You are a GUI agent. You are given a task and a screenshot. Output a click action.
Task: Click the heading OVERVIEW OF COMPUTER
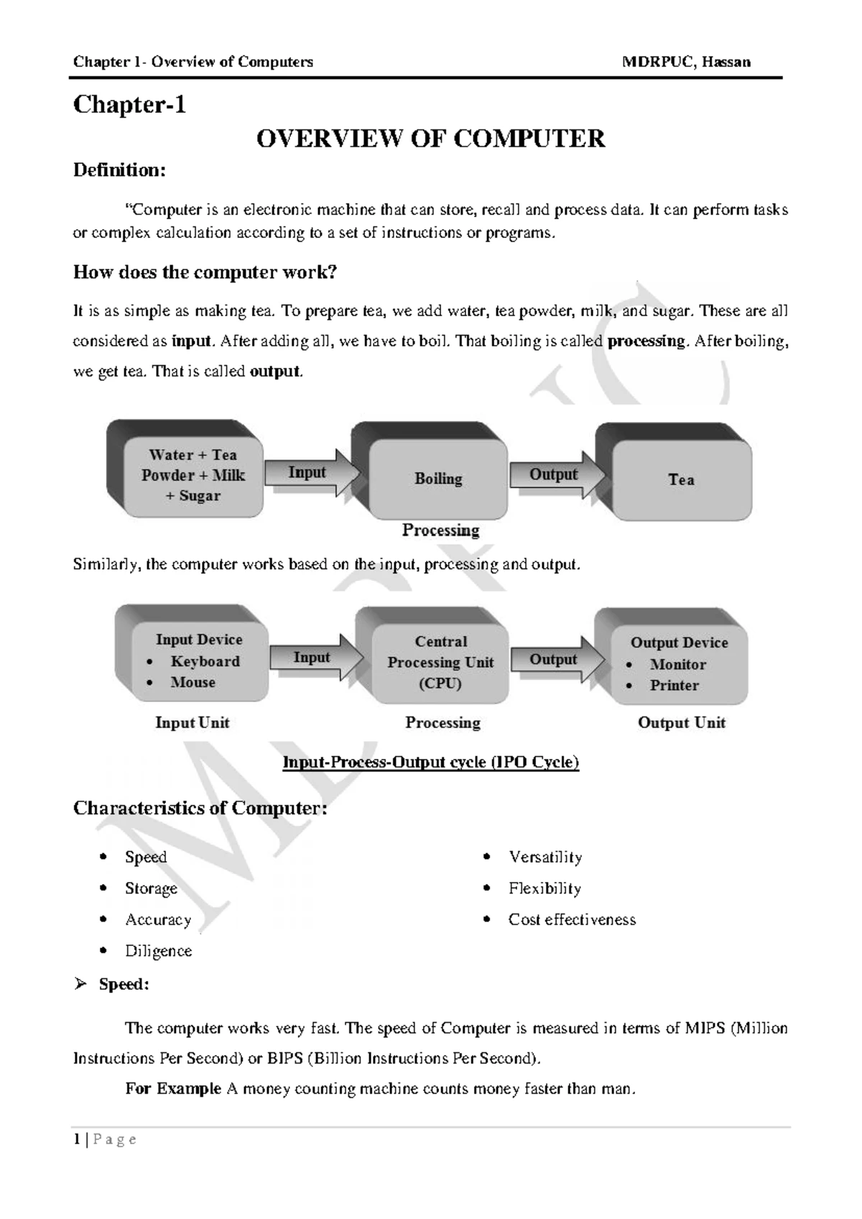430,138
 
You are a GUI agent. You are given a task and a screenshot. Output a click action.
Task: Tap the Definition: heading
119,170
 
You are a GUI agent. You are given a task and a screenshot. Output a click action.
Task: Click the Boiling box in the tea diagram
437,479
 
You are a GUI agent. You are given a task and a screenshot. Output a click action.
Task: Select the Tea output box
680,479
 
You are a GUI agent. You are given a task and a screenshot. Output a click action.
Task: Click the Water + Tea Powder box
193,475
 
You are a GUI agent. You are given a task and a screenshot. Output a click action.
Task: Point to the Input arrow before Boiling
309,473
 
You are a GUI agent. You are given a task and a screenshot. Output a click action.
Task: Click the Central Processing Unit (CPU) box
440,662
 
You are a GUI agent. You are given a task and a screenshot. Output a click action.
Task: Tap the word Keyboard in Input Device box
205,661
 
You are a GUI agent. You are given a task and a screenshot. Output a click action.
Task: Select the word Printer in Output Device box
674,686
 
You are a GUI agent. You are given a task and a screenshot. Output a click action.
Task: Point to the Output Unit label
681,723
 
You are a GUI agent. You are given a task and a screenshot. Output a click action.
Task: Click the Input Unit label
192,723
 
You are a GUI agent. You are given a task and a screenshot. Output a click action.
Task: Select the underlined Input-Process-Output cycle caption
430,762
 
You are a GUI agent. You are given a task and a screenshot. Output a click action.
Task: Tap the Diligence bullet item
158,951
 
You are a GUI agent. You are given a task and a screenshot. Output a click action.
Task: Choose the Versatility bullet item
545,857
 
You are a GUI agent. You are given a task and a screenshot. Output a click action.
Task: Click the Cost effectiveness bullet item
572,919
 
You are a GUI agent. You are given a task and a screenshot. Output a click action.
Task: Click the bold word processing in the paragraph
646,341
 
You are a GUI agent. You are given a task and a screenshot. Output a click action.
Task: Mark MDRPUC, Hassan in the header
686,62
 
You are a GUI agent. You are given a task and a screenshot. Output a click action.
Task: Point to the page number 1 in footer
76,1139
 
